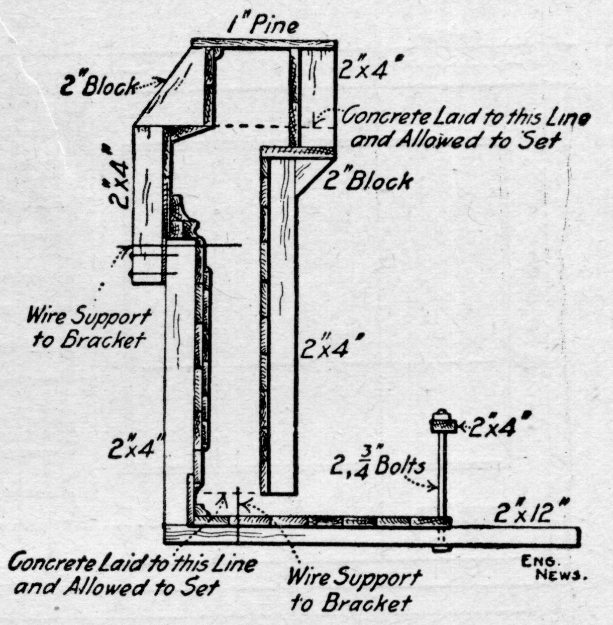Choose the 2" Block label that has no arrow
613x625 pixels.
(368, 180)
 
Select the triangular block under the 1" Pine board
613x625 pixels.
(171, 88)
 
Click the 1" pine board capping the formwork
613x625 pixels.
(264, 44)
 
